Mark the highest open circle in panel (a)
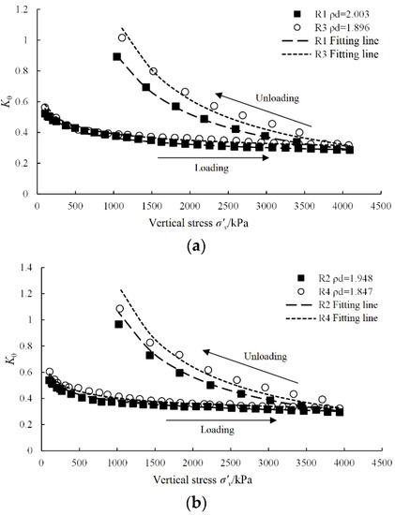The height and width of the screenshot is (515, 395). coord(122,37)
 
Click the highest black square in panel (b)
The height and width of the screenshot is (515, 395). coord(118,324)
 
